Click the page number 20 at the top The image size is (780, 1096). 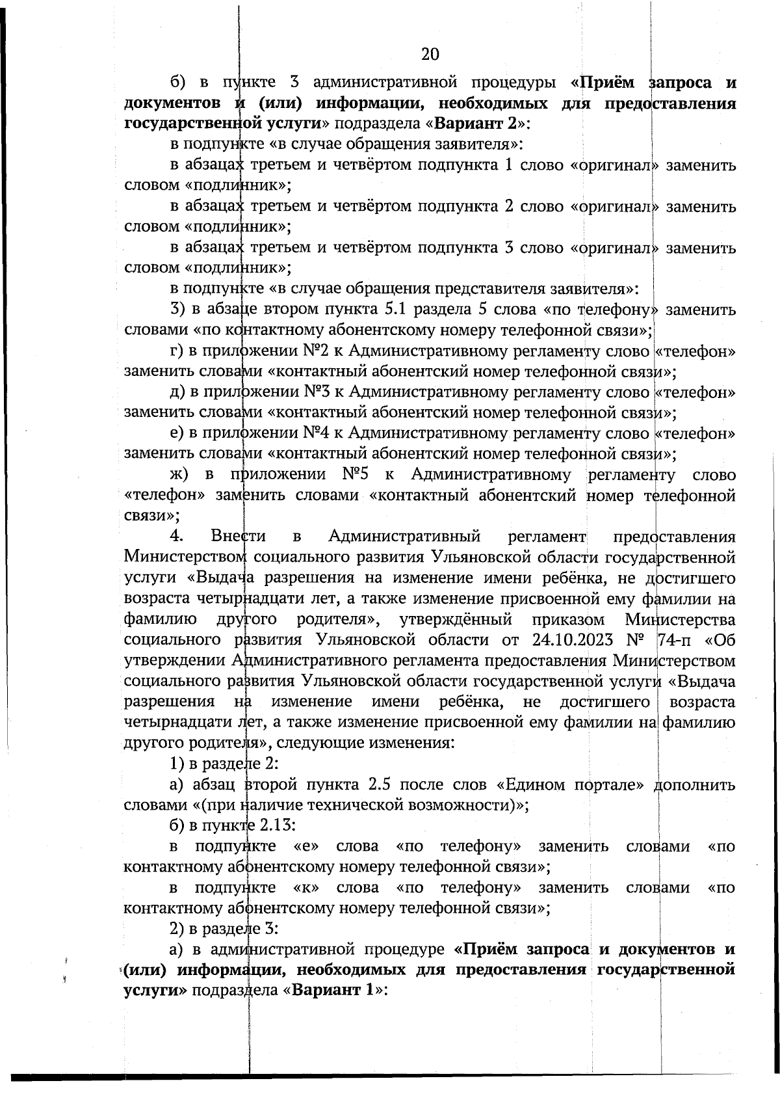pos(430,54)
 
